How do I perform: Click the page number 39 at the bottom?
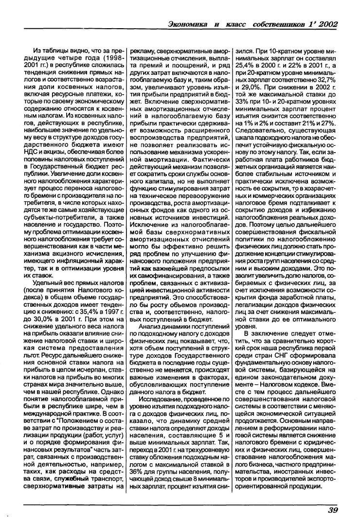pyautogui.click(x=333, y=509)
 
